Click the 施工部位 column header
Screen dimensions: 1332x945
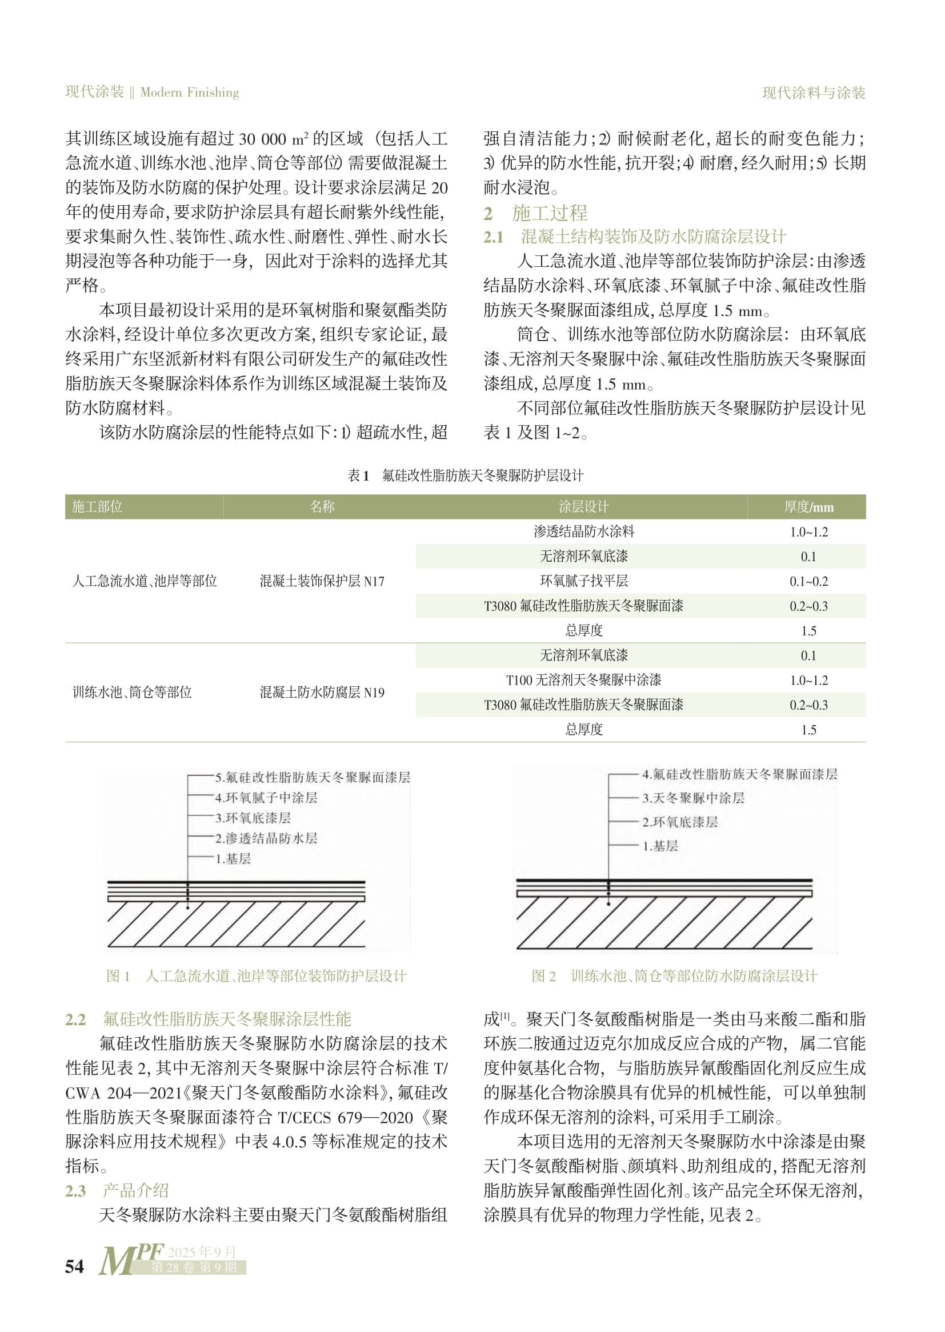97,507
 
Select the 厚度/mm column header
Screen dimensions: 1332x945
808,507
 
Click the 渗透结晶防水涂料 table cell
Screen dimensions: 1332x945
584,531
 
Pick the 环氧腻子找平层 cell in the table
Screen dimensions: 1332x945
584,581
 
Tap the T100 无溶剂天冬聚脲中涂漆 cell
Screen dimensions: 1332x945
584,679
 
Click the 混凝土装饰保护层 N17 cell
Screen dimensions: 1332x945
322,581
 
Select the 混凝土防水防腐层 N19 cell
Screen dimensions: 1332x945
322,692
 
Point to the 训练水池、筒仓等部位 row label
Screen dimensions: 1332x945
132,692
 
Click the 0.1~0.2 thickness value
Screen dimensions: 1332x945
808,581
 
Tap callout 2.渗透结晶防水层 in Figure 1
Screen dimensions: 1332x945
266,838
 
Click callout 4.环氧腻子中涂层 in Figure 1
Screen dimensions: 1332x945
266,797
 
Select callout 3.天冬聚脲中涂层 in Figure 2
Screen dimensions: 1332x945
693,798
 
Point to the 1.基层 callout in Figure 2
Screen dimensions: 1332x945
660,846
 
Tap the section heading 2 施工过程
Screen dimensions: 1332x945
535,213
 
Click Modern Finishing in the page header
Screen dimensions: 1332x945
190,92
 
